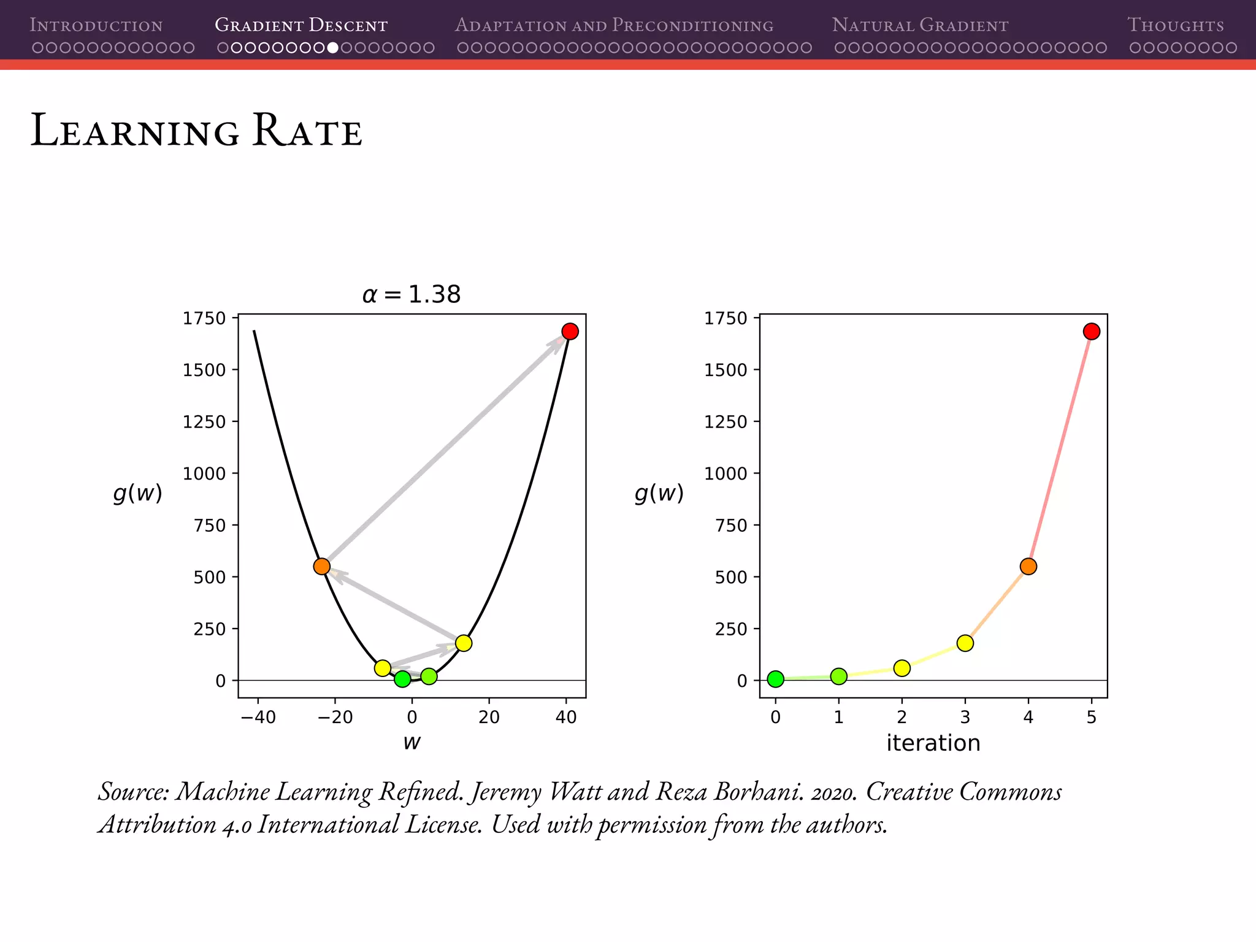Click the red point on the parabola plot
[x=570, y=331]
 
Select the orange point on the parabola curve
[x=322, y=566]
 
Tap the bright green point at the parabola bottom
[x=402, y=679]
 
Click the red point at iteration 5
[x=1091, y=331]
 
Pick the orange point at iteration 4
[x=1028, y=566]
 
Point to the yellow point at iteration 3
[x=965, y=643]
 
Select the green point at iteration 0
[x=776, y=679]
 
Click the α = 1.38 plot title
[x=412, y=295]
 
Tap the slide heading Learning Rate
[x=196, y=131]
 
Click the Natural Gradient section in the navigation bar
[x=920, y=25]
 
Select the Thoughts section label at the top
[x=1176, y=25]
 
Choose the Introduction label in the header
[x=96, y=25]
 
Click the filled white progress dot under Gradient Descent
[x=332, y=48]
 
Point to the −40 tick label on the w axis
[x=258, y=717]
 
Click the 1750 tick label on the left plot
[x=204, y=318]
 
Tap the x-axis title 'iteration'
[x=933, y=743]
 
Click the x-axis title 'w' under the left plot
[x=412, y=743]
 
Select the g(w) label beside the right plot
[x=659, y=492]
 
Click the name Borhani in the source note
[x=758, y=792]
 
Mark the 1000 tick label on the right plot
[x=726, y=473]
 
